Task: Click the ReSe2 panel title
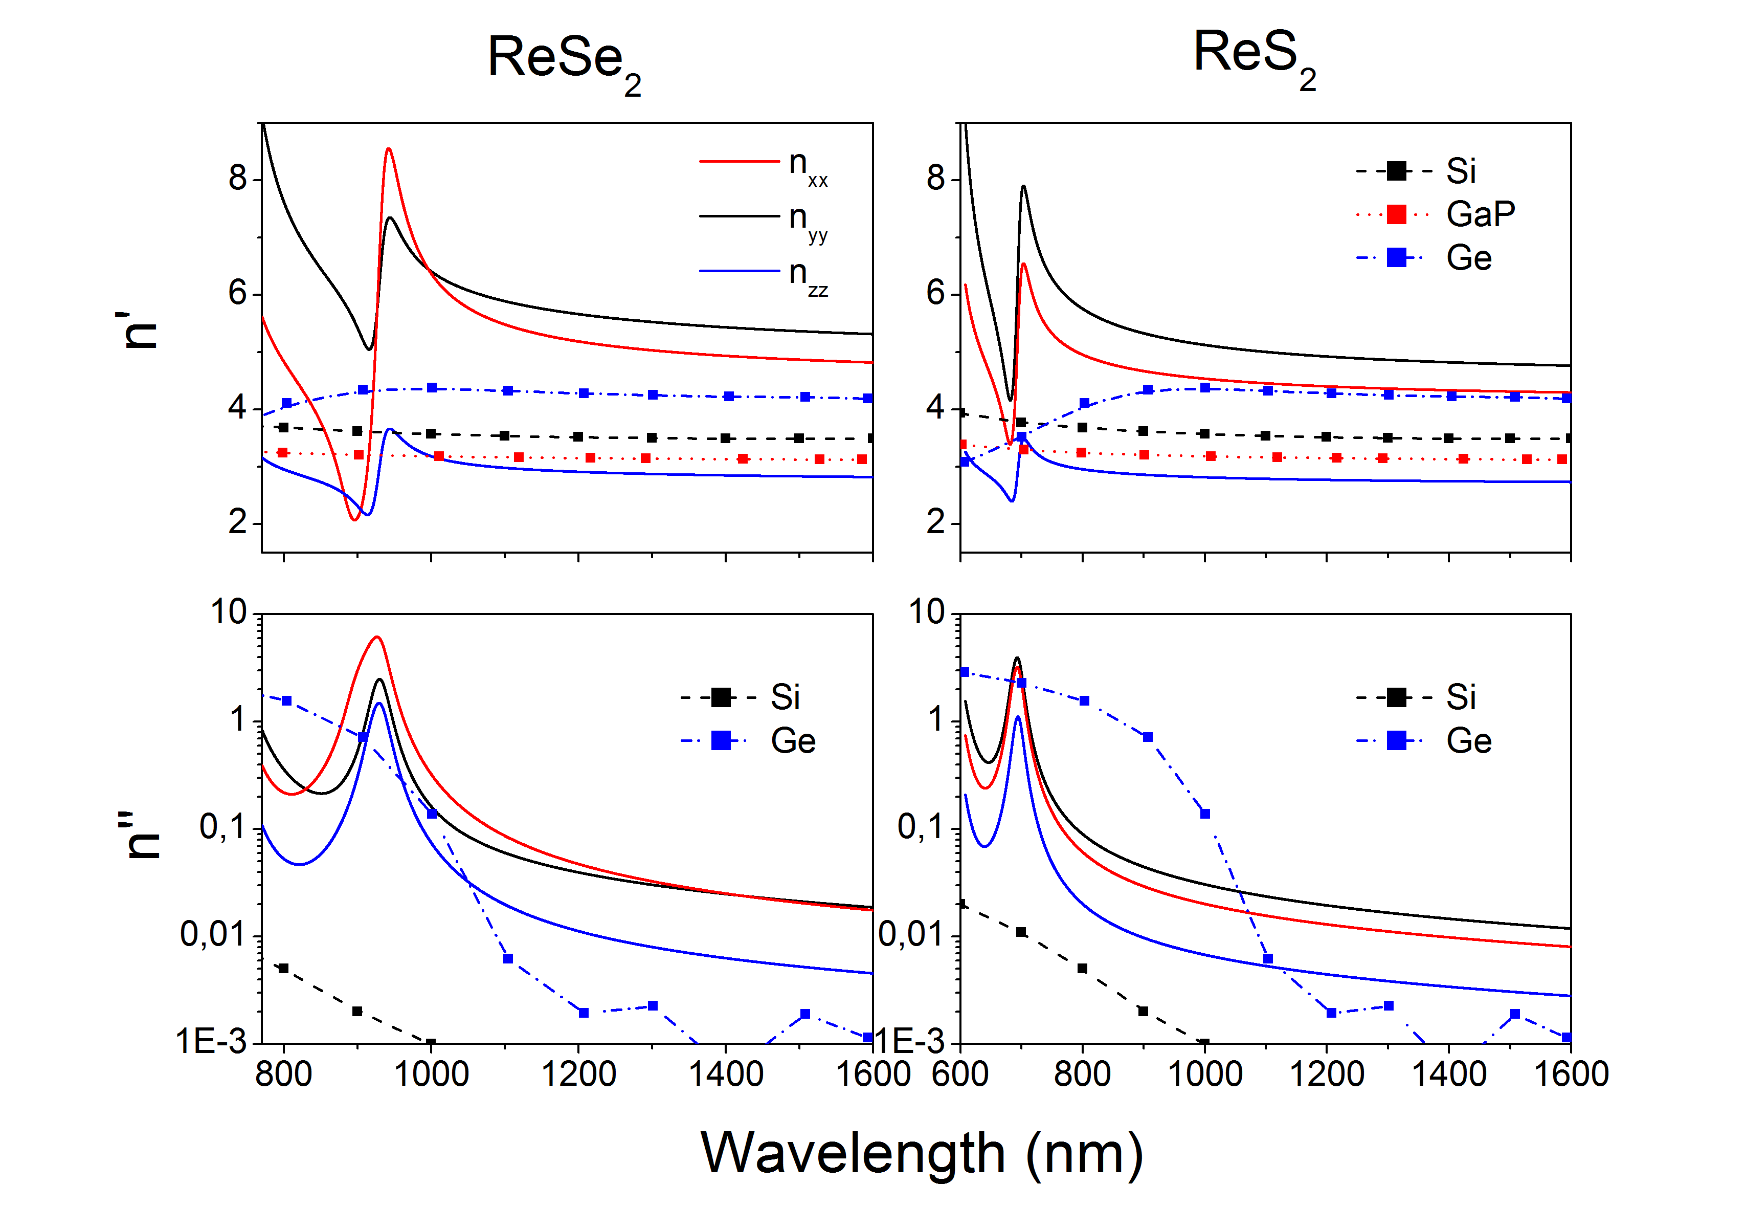point(564,61)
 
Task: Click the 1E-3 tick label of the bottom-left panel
point(211,1041)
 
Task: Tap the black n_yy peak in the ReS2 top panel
point(1023,186)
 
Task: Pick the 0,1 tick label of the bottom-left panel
point(223,827)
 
